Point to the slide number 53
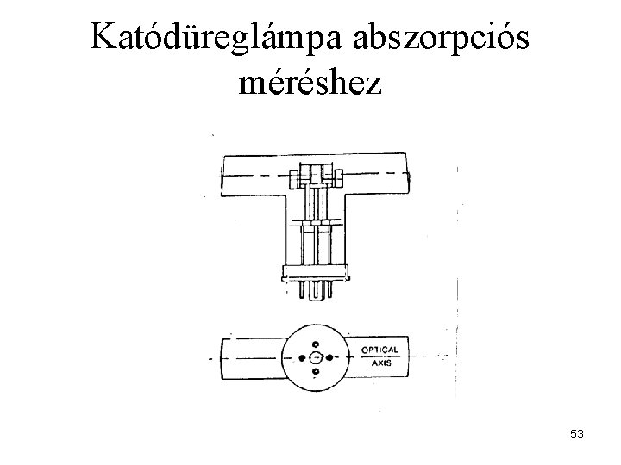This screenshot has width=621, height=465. (x=577, y=436)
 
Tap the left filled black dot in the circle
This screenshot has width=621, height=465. (x=300, y=357)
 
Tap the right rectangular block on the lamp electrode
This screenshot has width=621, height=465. (x=337, y=179)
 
